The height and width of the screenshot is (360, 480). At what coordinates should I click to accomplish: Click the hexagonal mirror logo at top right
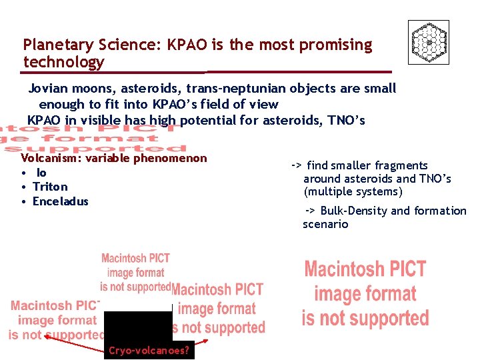coord(428,42)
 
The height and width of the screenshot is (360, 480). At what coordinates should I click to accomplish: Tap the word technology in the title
coord(64,63)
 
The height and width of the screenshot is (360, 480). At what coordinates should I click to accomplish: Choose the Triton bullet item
coord(50,187)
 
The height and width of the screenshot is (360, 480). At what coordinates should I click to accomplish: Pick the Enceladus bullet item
coord(60,201)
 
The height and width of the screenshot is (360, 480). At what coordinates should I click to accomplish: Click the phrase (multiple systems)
coord(353,192)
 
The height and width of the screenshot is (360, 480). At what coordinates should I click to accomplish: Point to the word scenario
coord(325,224)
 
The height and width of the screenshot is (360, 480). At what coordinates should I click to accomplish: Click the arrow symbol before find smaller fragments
coord(297,165)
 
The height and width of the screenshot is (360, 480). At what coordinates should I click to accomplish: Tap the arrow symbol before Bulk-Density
coord(310,211)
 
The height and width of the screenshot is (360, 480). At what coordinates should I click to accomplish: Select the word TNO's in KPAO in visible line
coord(348,121)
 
